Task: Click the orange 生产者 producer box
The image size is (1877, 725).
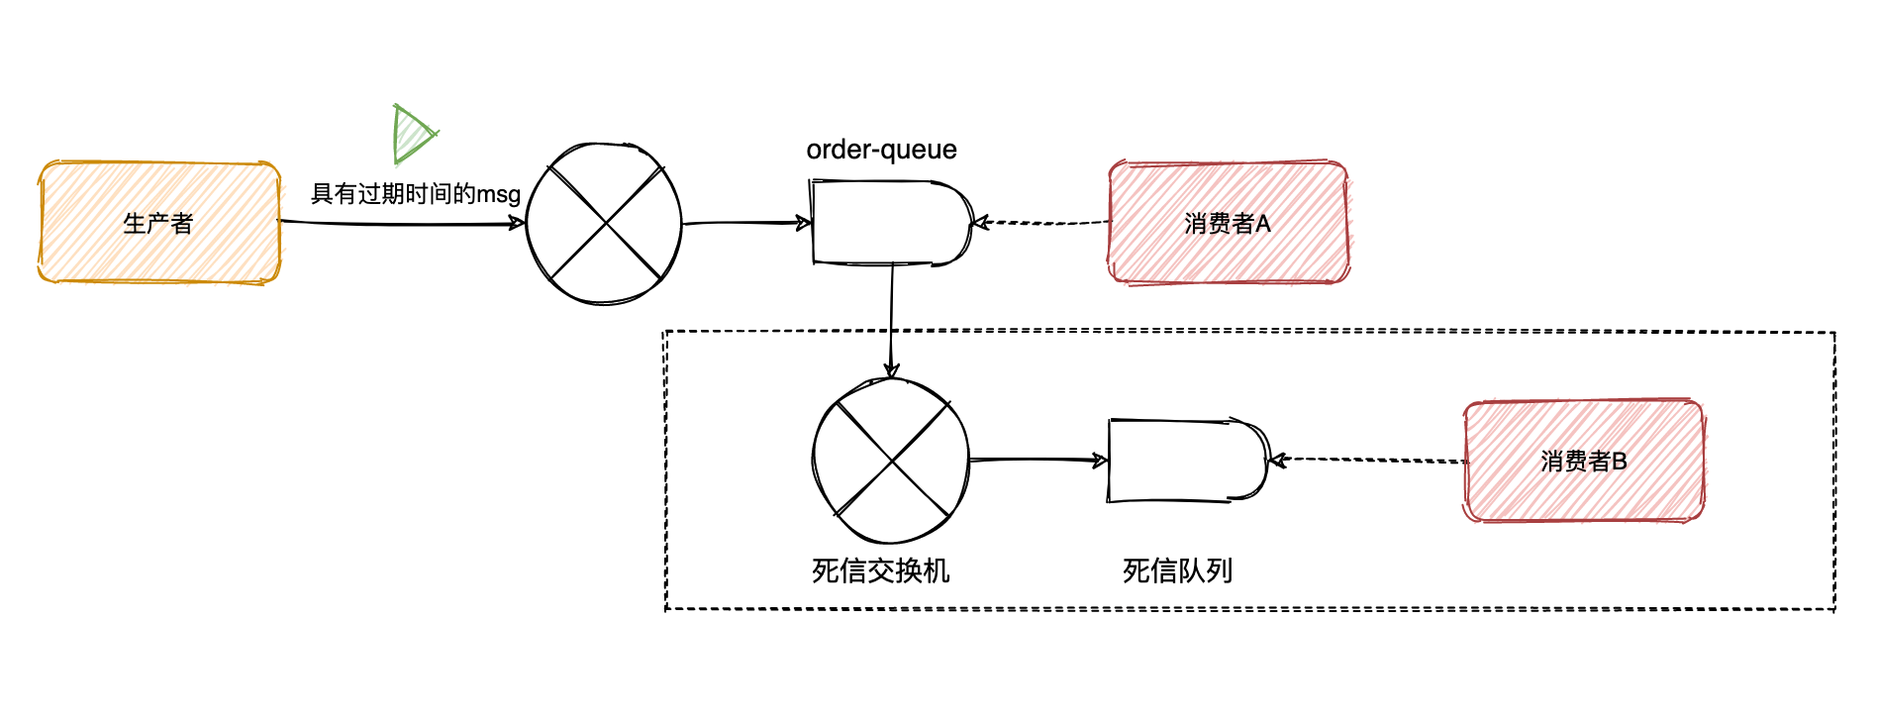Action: click(x=159, y=223)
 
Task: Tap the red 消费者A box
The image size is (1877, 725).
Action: click(x=1228, y=223)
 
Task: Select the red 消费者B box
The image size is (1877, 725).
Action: click(x=1584, y=461)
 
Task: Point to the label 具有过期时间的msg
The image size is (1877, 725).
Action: click(x=416, y=193)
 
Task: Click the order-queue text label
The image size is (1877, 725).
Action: click(x=881, y=150)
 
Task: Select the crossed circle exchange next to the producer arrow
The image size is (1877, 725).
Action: click(x=604, y=224)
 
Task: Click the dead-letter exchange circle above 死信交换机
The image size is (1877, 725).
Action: click(x=891, y=462)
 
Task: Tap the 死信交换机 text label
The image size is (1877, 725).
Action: click(x=880, y=570)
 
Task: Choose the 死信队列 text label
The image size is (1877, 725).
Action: click(x=1177, y=570)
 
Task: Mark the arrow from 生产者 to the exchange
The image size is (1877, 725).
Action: click(x=401, y=224)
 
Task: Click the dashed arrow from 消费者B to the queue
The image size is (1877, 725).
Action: click(x=1367, y=460)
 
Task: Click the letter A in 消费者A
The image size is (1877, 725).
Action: click(x=1263, y=224)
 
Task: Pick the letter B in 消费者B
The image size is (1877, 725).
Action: click(x=1620, y=462)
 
